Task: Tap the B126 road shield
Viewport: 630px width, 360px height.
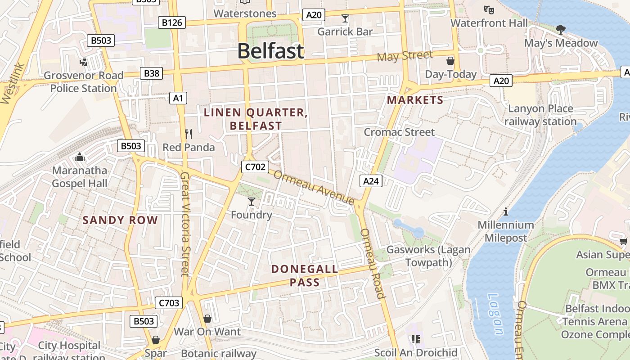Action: [172, 22]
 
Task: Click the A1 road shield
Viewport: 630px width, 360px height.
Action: [178, 98]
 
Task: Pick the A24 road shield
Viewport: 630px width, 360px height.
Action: [371, 181]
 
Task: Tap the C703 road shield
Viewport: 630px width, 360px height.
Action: [169, 303]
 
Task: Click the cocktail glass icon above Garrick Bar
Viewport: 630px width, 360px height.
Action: [345, 18]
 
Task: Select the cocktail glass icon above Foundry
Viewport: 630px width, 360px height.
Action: [252, 202]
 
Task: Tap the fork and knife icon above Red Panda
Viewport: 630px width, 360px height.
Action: [189, 134]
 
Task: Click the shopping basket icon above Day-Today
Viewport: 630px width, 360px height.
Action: [450, 61]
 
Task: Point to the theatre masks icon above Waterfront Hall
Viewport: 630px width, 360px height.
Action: [489, 9]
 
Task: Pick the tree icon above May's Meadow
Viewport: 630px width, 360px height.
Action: [560, 30]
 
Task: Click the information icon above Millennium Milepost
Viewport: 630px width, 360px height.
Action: [506, 211]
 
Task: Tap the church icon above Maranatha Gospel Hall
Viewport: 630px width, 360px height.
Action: [80, 157]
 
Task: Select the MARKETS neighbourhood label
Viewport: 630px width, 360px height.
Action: [415, 100]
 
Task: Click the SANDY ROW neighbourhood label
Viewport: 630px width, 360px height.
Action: [120, 220]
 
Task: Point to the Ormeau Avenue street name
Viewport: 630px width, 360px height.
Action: [314, 187]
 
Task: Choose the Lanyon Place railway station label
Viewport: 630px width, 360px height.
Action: [540, 115]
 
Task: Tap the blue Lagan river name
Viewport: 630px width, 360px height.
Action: [496, 314]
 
